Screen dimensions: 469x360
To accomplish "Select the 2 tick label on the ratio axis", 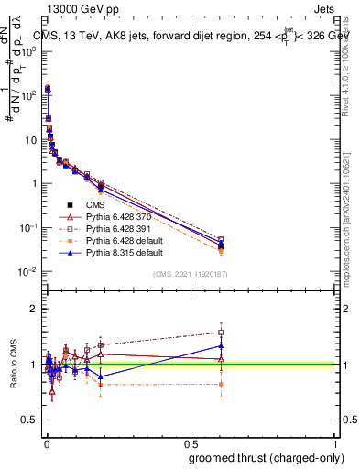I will pos(33,309).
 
